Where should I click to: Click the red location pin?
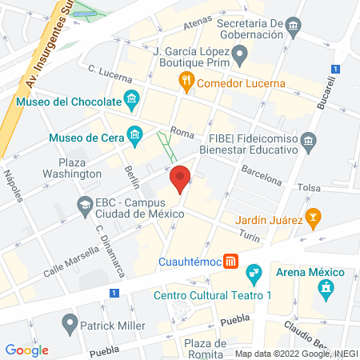pyautogui.click(x=180, y=178)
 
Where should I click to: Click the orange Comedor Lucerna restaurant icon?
pyautogui.click(x=186, y=80)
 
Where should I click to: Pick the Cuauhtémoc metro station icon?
pyautogui.click(x=230, y=261)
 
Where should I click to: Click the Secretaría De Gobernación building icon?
pyautogui.click(x=294, y=28)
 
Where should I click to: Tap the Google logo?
pyautogui.click(x=27, y=350)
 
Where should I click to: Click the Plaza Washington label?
pyautogui.click(x=73, y=167)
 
